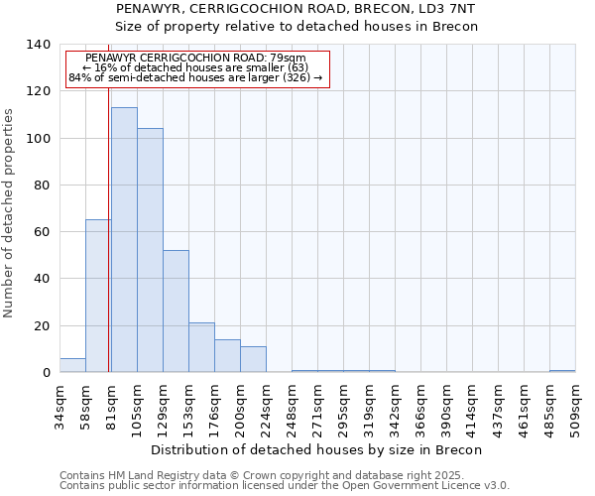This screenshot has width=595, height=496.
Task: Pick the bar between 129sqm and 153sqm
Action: (x=176, y=311)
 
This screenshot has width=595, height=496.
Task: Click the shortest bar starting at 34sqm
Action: (x=72, y=365)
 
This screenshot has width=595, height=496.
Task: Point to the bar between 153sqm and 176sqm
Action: (x=201, y=347)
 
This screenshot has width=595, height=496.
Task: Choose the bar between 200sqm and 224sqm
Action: (x=253, y=359)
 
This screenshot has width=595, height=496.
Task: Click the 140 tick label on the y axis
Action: (x=39, y=45)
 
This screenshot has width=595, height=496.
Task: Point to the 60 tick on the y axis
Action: (x=43, y=232)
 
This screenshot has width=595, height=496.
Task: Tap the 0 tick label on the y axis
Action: (x=47, y=373)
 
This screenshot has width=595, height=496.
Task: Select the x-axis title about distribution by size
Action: (x=317, y=449)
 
